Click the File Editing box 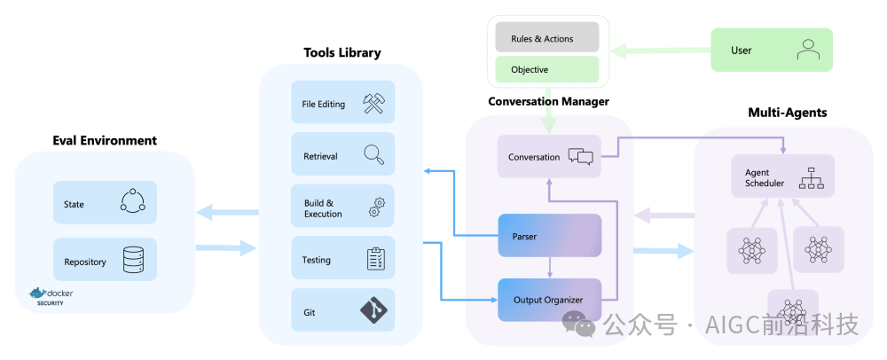pyautogui.click(x=342, y=105)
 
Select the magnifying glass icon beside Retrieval pyautogui.click(x=373, y=155)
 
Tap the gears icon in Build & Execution pyautogui.click(x=374, y=207)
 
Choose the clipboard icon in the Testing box pyautogui.click(x=374, y=259)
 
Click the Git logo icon pyautogui.click(x=373, y=310)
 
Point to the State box pyautogui.click(x=105, y=203)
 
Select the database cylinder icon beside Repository pyautogui.click(x=132, y=260)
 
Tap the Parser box pyautogui.click(x=550, y=236)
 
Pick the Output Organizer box pyautogui.click(x=550, y=300)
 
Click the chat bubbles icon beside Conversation pyautogui.click(x=580, y=157)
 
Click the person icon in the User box pyautogui.click(x=807, y=51)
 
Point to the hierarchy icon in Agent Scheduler pyautogui.click(x=812, y=178)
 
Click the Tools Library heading pyautogui.click(x=341, y=52)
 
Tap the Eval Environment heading pyautogui.click(x=104, y=140)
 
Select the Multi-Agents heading pyautogui.click(x=787, y=113)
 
